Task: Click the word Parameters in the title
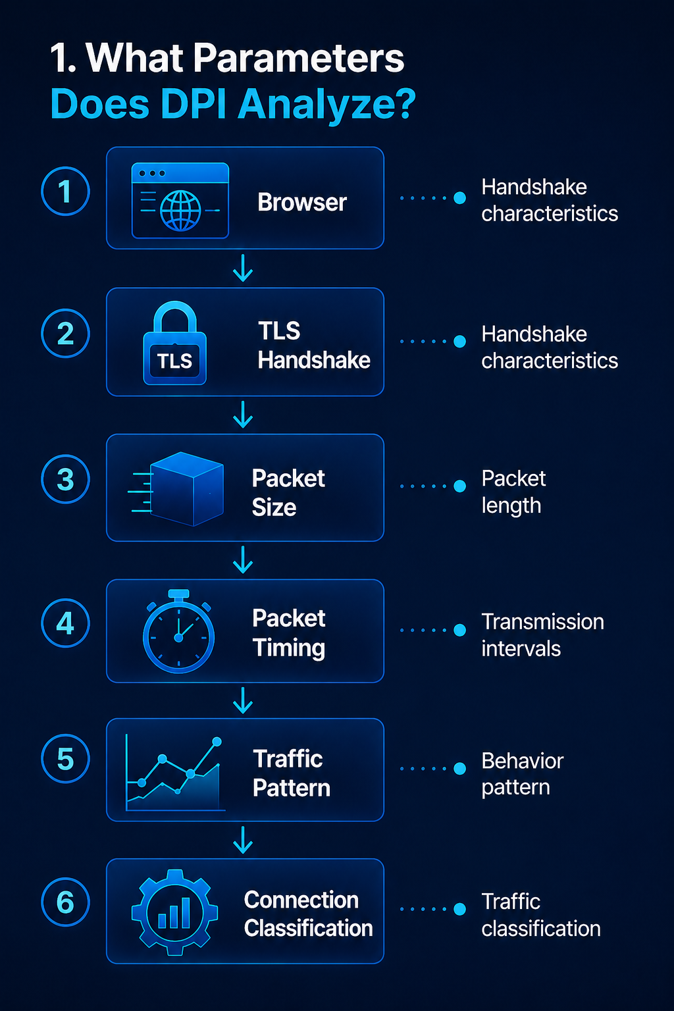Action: click(x=298, y=58)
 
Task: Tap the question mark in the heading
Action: click(x=402, y=103)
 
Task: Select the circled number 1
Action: click(x=65, y=191)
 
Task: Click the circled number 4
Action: click(x=65, y=623)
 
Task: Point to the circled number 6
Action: click(x=65, y=902)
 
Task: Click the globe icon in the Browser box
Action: click(x=180, y=211)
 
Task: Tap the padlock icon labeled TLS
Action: click(x=174, y=342)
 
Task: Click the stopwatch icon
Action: click(x=178, y=631)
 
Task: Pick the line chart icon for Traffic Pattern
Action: click(x=174, y=773)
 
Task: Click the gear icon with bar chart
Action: click(x=174, y=912)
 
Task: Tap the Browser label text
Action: click(x=302, y=202)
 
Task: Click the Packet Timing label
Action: click(x=289, y=633)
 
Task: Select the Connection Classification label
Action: click(x=308, y=914)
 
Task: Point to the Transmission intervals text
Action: click(x=542, y=635)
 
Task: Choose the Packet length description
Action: click(x=514, y=492)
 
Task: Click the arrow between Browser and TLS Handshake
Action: click(x=243, y=268)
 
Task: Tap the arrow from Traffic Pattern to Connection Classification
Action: click(x=243, y=840)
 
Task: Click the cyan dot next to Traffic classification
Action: click(x=459, y=909)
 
